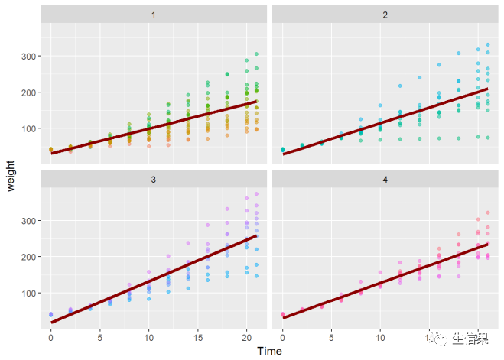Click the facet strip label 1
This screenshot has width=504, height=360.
154,15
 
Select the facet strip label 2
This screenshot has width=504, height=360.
385,15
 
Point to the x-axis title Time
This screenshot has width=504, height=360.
269,351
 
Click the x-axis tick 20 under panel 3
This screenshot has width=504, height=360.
246,336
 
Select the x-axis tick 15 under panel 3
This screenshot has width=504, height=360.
197,336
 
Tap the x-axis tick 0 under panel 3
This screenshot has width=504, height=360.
50,336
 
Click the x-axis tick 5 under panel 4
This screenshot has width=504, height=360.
331,336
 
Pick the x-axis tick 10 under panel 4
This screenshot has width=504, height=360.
380,336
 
